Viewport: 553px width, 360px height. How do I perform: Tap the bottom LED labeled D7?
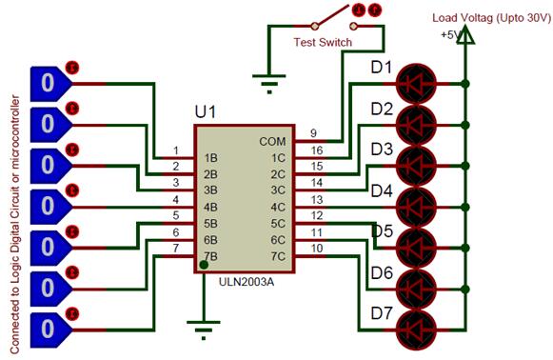[419, 325]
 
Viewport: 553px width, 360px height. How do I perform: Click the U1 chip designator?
[206, 112]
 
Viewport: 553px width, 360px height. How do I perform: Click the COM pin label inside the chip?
[272, 141]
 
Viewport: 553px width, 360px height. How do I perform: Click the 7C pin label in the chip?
[277, 256]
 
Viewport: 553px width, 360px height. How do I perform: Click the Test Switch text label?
[323, 42]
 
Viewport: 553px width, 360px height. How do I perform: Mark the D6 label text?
[381, 272]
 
